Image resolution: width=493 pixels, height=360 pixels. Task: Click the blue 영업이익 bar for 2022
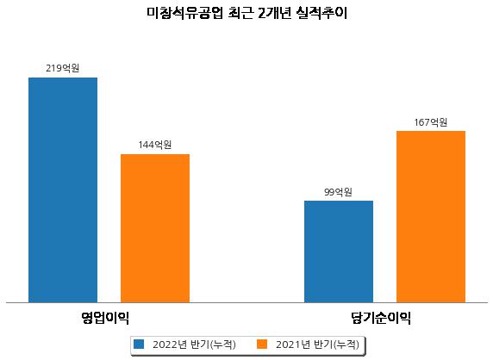63,190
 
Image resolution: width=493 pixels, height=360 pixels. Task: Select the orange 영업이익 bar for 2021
155,228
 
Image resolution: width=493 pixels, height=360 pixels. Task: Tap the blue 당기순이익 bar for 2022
339,251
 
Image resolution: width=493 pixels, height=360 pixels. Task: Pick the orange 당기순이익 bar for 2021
431,217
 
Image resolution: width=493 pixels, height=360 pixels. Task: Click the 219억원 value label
63,68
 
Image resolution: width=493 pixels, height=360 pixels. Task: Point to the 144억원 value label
155,145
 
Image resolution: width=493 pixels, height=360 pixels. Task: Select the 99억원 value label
339,192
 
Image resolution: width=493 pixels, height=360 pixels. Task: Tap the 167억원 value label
431,122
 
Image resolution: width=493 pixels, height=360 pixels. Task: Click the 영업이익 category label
104,318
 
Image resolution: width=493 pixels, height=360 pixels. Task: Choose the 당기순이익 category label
381,318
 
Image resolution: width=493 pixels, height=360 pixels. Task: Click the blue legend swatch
139,344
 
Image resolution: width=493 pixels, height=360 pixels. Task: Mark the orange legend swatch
262,344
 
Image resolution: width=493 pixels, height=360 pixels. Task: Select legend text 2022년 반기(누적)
194,344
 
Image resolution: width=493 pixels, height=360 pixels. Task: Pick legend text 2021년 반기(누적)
317,344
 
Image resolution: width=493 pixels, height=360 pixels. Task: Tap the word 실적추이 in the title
321,13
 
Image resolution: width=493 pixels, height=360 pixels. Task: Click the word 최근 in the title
240,13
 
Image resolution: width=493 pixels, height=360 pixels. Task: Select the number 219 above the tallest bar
53,68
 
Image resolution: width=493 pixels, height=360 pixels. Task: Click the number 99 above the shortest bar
329,192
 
